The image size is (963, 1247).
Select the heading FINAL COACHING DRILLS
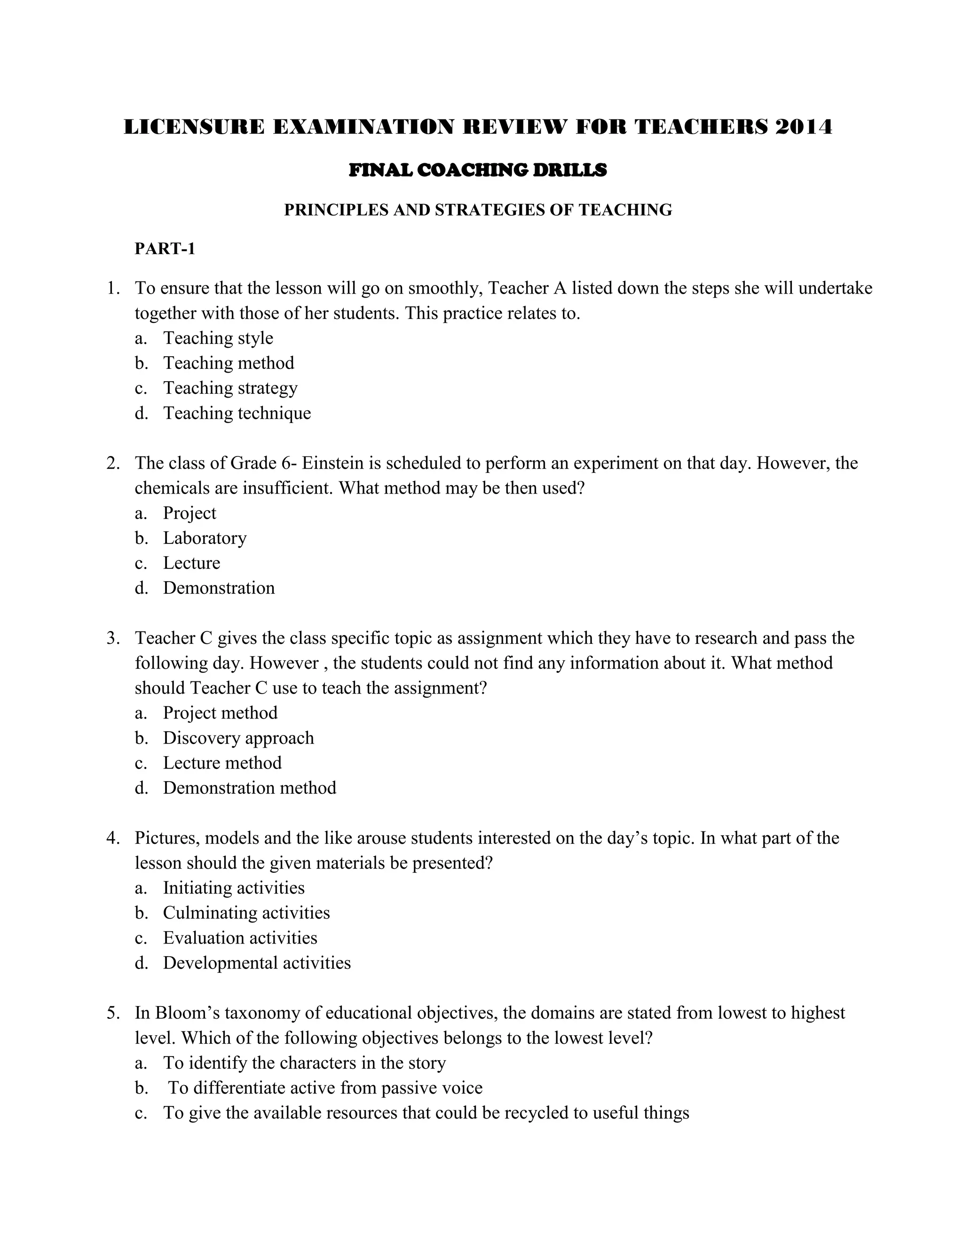(x=478, y=170)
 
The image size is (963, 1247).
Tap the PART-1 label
(x=165, y=249)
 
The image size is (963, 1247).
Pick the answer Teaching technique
(x=237, y=413)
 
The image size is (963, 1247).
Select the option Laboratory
(x=205, y=538)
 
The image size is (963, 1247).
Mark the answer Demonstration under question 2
(x=219, y=588)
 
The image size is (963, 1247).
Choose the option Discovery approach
(x=238, y=738)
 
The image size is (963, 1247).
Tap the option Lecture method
(x=222, y=763)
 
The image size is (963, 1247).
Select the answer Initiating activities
(x=234, y=888)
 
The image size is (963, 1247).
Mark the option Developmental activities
(x=257, y=963)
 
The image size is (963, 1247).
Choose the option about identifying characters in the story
(x=305, y=1063)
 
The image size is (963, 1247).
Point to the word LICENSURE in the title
(x=194, y=127)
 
